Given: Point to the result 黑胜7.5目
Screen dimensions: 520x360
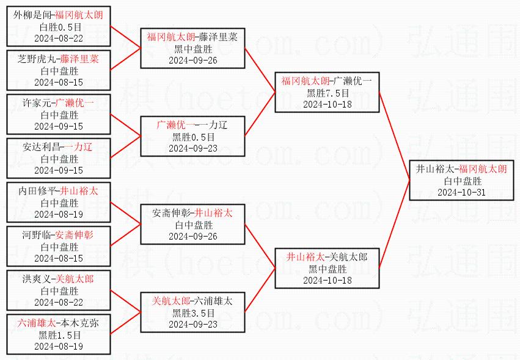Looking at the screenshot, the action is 328,93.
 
